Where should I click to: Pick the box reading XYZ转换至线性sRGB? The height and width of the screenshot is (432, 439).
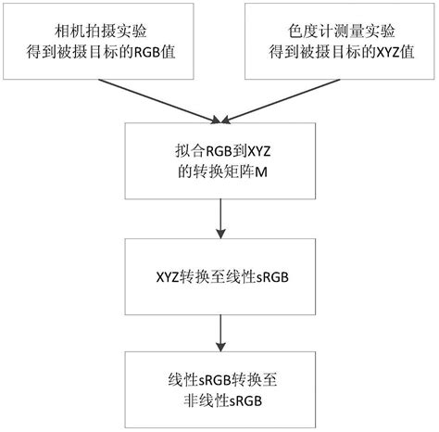[219, 276]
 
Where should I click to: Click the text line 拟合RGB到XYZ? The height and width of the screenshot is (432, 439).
[219, 149]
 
